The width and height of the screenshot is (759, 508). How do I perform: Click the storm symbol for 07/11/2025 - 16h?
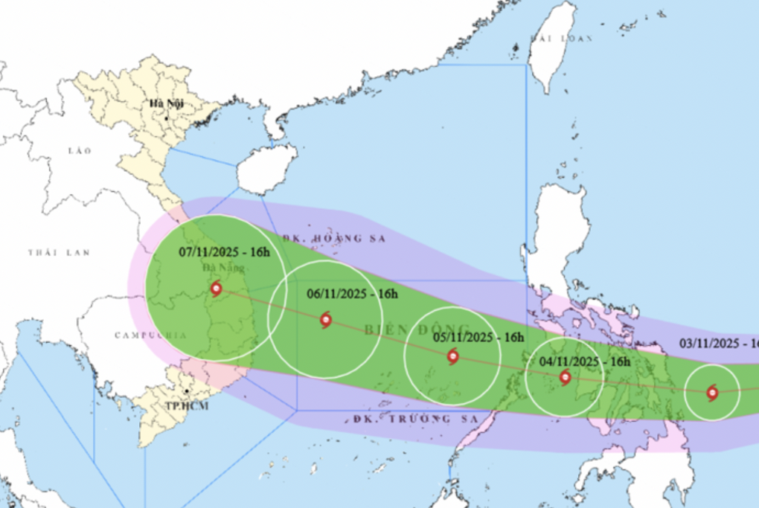tap(216, 289)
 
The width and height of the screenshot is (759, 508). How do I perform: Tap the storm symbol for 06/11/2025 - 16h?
tap(325, 321)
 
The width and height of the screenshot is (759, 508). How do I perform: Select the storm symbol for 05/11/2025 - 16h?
tap(453, 357)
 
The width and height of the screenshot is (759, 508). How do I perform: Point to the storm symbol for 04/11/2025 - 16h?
tap(565, 378)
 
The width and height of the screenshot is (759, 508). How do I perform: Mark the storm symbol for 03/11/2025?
tap(712, 392)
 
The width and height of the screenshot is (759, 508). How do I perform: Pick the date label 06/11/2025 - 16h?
tap(352, 294)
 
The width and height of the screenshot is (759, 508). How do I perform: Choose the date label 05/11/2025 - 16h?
tap(479, 337)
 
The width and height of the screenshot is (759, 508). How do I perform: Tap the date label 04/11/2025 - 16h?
tap(585, 361)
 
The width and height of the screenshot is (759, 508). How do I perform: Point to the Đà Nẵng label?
tap(216, 269)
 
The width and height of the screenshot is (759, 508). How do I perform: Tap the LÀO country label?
tap(80, 151)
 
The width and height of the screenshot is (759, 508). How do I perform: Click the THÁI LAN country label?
tap(59, 253)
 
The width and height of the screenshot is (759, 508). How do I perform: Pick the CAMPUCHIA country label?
tap(151, 335)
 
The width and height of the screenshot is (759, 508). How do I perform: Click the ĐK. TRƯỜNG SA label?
tap(403, 419)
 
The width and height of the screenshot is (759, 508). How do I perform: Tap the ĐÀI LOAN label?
tap(561, 37)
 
